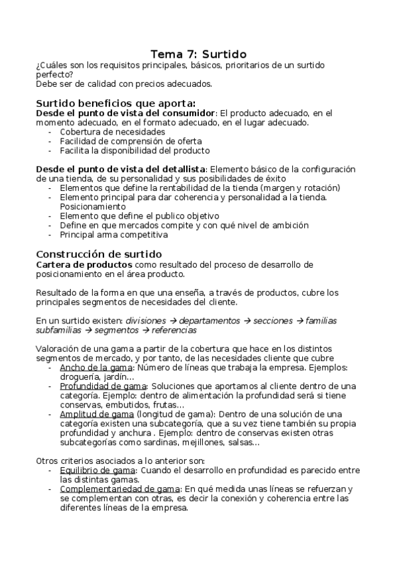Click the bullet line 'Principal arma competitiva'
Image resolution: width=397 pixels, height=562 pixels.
coord(113,235)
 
